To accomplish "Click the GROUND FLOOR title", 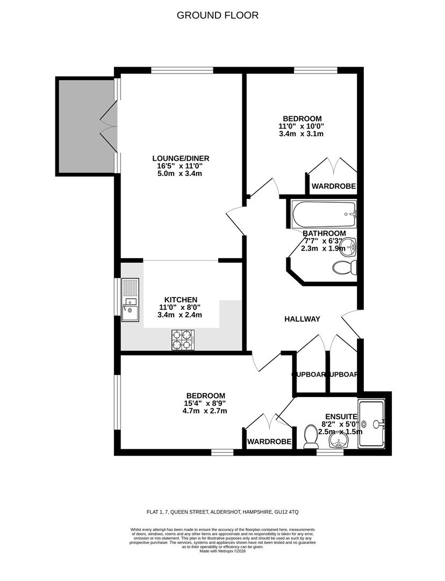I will point(218,15).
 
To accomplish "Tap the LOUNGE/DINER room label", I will point(180,158).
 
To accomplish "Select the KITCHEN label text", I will point(181,300).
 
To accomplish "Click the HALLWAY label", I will point(302,319).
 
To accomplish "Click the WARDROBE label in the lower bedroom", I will point(269,442).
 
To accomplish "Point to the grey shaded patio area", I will point(85,126).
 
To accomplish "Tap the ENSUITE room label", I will point(341,416).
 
